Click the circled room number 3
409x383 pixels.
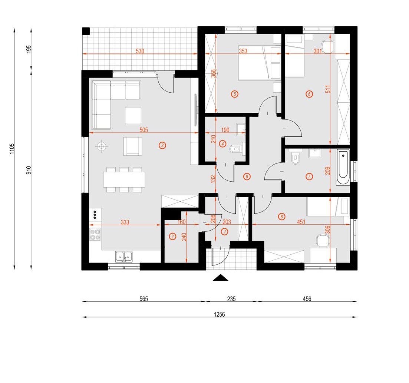(162, 145)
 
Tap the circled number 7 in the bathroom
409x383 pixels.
(309, 176)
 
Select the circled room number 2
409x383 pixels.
(172, 237)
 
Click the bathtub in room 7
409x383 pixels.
(343, 167)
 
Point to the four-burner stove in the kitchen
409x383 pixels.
(95, 234)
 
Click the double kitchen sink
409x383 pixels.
(124, 257)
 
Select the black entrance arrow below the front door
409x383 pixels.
(220, 278)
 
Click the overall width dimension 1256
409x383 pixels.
(220, 314)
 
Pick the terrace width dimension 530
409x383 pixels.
(140, 51)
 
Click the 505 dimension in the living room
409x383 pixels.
(144, 130)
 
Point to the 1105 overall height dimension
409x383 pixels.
(12, 149)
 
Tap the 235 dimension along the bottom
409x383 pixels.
(231, 298)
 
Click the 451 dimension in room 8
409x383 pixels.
(301, 222)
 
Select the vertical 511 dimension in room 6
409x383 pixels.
(328, 89)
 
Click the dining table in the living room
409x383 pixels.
(124, 179)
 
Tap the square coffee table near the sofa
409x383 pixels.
(133, 115)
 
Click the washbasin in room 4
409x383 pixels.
(241, 129)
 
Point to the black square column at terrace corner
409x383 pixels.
(86, 31)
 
